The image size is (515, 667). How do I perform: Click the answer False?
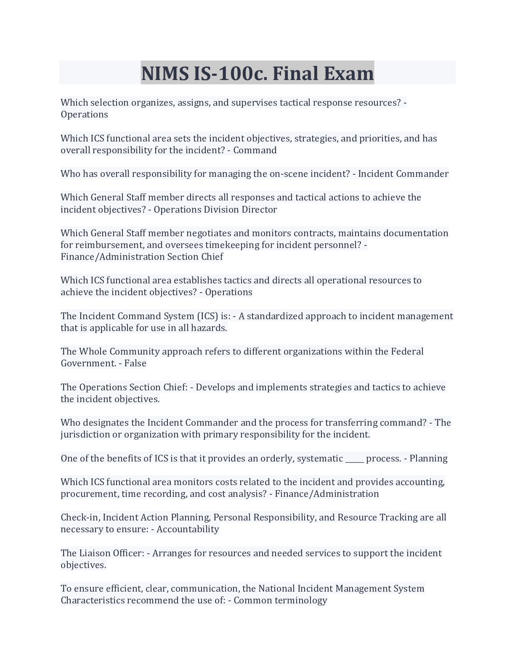[x=135, y=363]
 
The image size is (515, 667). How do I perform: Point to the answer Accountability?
[x=188, y=529]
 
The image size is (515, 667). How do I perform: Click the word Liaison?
[x=96, y=553]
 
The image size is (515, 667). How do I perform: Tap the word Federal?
[x=407, y=352]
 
